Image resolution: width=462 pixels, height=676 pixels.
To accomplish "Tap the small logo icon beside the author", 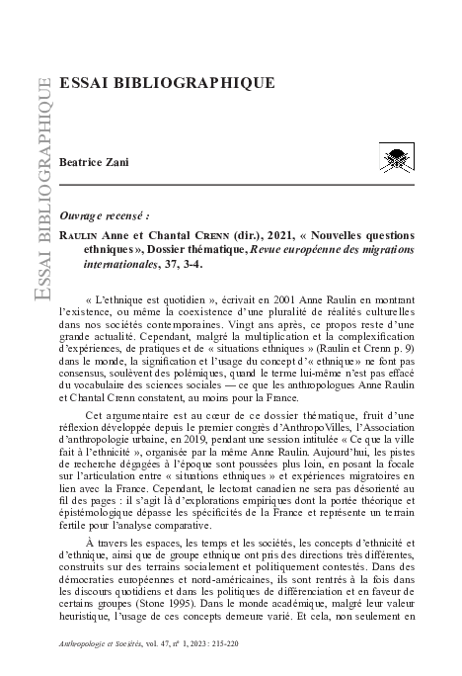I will click(x=397, y=156).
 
